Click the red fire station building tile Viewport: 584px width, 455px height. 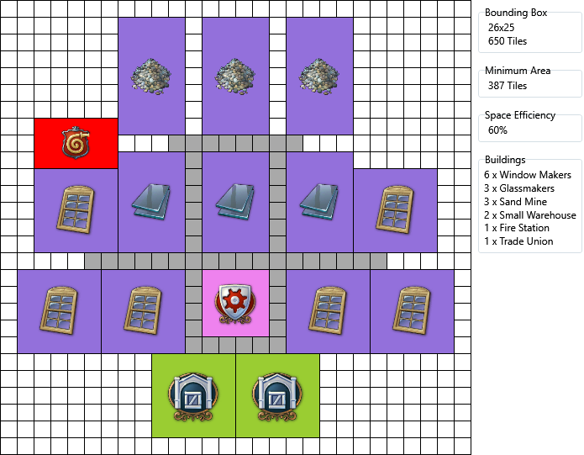76,143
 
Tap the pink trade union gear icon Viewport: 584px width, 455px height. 235,304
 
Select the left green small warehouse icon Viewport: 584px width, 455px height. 193,396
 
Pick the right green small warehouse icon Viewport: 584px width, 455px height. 277,396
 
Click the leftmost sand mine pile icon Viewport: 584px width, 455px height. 151,75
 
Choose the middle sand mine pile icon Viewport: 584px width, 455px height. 235,75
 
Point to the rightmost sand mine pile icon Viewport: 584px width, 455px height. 319,75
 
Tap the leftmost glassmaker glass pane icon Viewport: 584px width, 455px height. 152,203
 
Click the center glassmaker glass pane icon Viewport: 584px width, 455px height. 236,203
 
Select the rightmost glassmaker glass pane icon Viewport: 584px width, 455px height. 320,203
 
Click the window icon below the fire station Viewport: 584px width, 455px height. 76,211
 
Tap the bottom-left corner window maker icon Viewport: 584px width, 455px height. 59,312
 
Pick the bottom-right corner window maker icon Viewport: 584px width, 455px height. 412,312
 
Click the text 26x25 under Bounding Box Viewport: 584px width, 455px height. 502,27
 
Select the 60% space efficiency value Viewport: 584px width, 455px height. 497,130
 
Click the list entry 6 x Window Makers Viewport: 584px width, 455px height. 528,175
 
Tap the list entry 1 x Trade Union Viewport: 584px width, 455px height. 518,241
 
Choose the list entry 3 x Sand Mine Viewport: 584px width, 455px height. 515,202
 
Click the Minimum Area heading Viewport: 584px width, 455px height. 518,71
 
